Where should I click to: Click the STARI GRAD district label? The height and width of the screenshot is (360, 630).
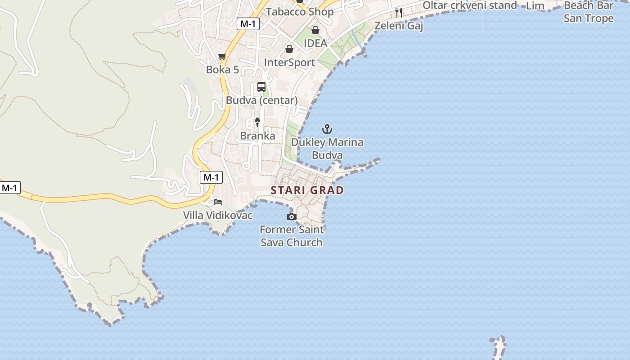[307, 190]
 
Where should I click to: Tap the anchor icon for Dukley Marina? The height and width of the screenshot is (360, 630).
[327, 130]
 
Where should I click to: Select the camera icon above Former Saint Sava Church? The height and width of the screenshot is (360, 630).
[292, 217]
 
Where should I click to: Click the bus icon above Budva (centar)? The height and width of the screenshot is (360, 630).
[261, 87]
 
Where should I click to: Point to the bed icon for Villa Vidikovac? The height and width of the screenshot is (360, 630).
[218, 202]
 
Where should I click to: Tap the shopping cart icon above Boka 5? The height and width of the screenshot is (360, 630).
[222, 57]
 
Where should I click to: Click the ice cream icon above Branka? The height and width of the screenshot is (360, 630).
[257, 121]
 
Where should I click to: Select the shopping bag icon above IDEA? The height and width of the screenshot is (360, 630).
[315, 30]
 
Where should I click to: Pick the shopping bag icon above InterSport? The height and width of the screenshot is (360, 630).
[289, 49]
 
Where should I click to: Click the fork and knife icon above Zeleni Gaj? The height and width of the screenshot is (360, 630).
[399, 13]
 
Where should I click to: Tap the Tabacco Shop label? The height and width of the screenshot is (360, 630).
[300, 12]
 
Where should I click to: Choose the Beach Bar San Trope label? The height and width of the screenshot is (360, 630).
[589, 12]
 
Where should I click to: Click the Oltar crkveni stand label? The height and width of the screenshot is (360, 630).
[470, 5]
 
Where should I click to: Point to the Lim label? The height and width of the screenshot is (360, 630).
[535, 6]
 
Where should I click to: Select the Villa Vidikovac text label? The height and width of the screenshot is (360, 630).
[218, 216]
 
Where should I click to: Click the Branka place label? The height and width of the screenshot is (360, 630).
[257, 136]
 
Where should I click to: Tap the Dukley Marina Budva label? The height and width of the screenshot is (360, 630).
[327, 149]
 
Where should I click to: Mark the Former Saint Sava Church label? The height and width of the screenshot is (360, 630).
[292, 236]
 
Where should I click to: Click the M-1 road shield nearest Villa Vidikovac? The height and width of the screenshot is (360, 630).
[211, 177]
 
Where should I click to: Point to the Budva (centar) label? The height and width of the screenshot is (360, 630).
[261, 100]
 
